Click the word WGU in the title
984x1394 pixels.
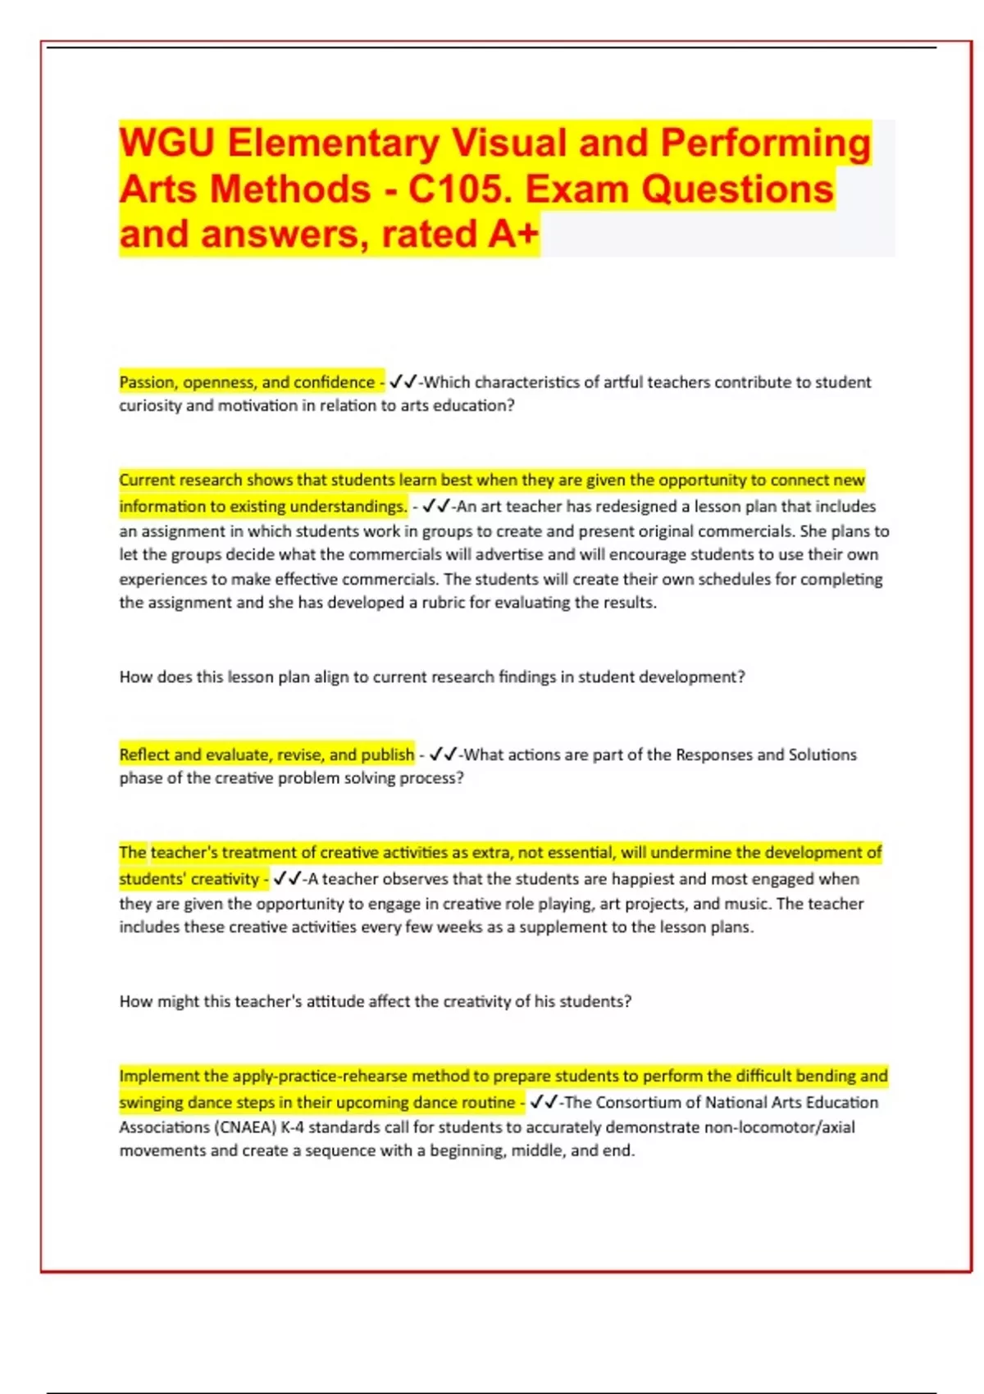point(167,143)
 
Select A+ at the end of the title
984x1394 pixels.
point(513,235)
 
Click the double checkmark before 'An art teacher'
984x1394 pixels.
point(436,507)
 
